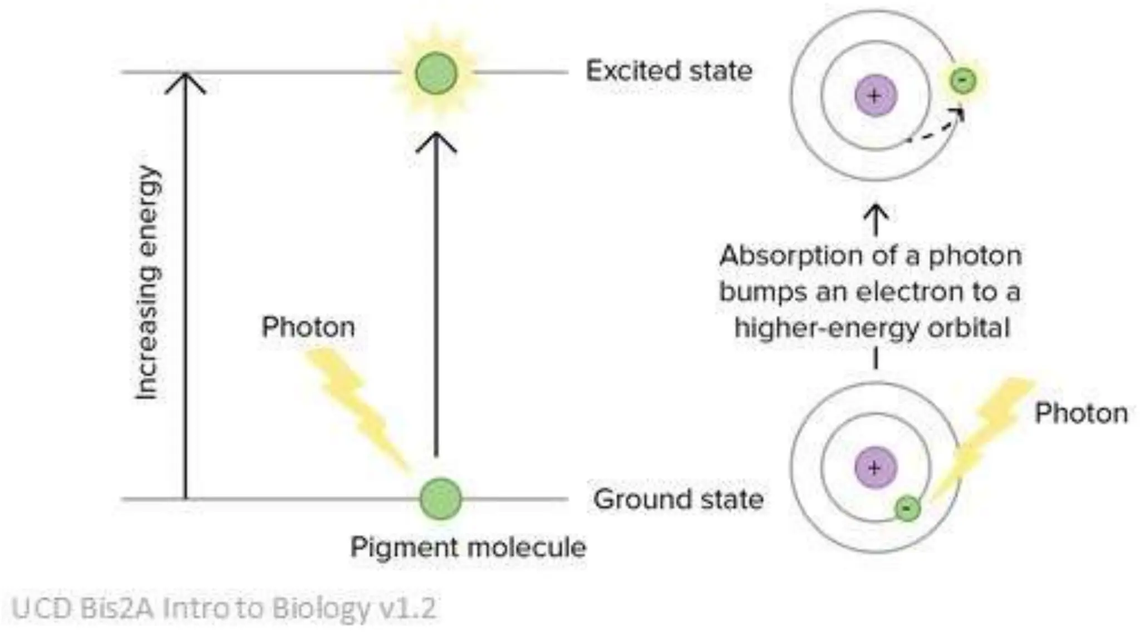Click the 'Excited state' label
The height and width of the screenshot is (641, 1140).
tap(669, 71)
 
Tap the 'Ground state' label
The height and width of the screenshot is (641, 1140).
tap(678, 499)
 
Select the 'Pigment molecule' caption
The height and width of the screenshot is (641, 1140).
tap(468, 548)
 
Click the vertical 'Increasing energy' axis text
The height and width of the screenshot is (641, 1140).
tap(148, 282)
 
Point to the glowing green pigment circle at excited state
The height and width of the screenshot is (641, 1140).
tap(436, 73)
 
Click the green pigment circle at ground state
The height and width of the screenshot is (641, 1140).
tap(440, 499)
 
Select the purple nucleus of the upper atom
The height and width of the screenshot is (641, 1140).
tap(876, 96)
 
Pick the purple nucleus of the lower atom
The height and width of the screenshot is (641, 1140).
tap(876, 468)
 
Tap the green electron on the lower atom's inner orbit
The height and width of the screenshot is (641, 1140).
tap(907, 508)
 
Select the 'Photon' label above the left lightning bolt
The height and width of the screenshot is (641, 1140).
tap(308, 327)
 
